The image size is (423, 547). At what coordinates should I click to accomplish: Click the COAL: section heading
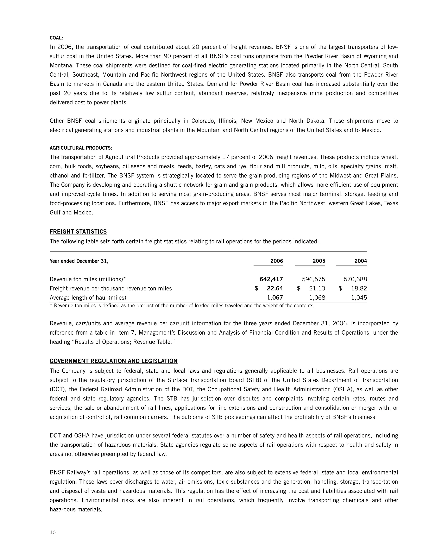[x=56, y=38]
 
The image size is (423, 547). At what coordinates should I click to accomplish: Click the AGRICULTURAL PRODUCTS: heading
[x=81, y=148]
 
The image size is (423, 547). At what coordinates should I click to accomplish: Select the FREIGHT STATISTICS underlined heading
[x=78, y=232]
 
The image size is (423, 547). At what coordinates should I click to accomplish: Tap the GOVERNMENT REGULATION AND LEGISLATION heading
[x=114, y=361]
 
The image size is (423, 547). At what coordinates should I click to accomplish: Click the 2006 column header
[x=276, y=261]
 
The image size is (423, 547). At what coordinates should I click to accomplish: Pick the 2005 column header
[x=319, y=261]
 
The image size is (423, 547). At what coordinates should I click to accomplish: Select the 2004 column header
[x=360, y=261]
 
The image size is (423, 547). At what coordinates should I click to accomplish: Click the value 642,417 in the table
[x=271, y=279]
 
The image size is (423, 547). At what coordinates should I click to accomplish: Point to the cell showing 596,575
[x=314, y=279]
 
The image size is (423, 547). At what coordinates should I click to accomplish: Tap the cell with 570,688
[x=355, y=279]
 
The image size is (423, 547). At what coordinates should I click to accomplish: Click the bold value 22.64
[x=275, y=289]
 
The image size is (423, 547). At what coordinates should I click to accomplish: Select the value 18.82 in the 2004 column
[x=359, y=289]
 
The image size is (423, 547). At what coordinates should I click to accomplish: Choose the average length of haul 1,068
[x=317, y=298]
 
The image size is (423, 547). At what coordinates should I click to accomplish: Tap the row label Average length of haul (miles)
[x=88, y=298]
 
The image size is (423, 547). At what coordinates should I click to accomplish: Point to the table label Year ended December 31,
[x=79, y=261]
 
